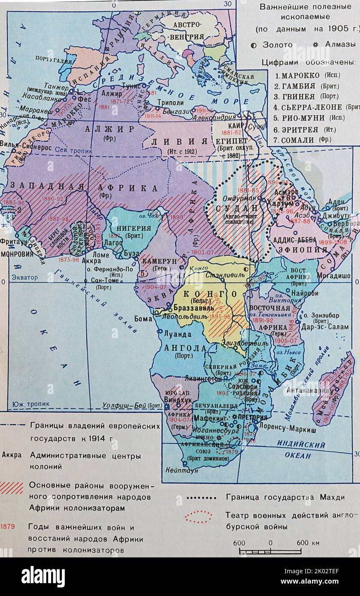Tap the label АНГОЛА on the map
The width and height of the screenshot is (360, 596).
(185, 348)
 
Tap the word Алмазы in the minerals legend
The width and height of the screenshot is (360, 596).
(340, 45)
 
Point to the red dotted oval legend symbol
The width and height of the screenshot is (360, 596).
(198, 517)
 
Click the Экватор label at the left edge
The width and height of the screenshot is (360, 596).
(25, 277)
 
